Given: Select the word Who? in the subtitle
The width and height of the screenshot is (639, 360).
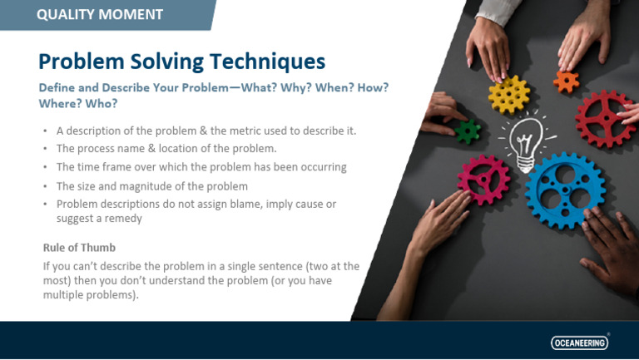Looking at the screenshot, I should [x=100, y=104].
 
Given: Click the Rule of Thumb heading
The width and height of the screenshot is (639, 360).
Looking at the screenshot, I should [x=80, y=248].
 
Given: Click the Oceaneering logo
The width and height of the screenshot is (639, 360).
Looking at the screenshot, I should [x=579, y=342].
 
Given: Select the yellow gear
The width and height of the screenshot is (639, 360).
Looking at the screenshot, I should [x=509, y=94].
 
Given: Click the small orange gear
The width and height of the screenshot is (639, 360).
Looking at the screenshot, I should [x=566, y=81].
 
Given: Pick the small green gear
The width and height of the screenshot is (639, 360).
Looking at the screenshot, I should [x=468, y=131].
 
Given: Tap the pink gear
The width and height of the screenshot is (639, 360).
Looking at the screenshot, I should [x=483, y=177].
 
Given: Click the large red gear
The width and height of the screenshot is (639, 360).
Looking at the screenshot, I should [x=606, y=118].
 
